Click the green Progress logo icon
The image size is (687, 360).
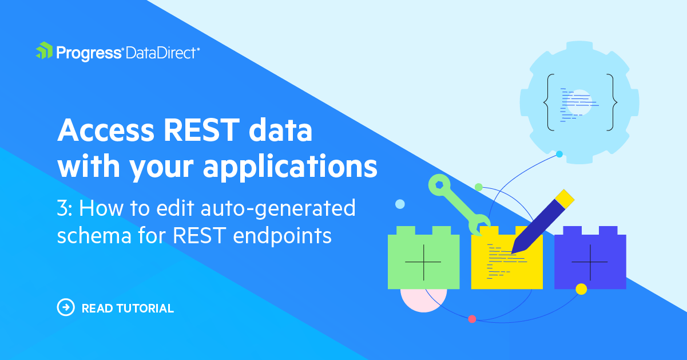pos(44,50)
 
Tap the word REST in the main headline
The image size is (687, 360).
pos(201,130)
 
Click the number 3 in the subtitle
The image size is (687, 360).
pos(62,208)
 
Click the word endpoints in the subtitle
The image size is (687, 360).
pos(283,236)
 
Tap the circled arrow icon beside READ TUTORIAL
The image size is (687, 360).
pos(66,307)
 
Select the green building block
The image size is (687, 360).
pos(423,258)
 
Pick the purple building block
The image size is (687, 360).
pos(590,258)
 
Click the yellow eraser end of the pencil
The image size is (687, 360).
pos(565,199)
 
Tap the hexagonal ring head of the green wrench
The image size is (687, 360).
pos(439,185)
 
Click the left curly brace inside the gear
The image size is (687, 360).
pos(549,102)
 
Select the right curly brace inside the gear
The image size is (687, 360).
pos(611,102)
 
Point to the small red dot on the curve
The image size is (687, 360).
pos(472,319)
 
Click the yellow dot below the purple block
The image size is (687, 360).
pos(581,289)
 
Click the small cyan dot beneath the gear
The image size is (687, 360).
pos(559,154)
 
